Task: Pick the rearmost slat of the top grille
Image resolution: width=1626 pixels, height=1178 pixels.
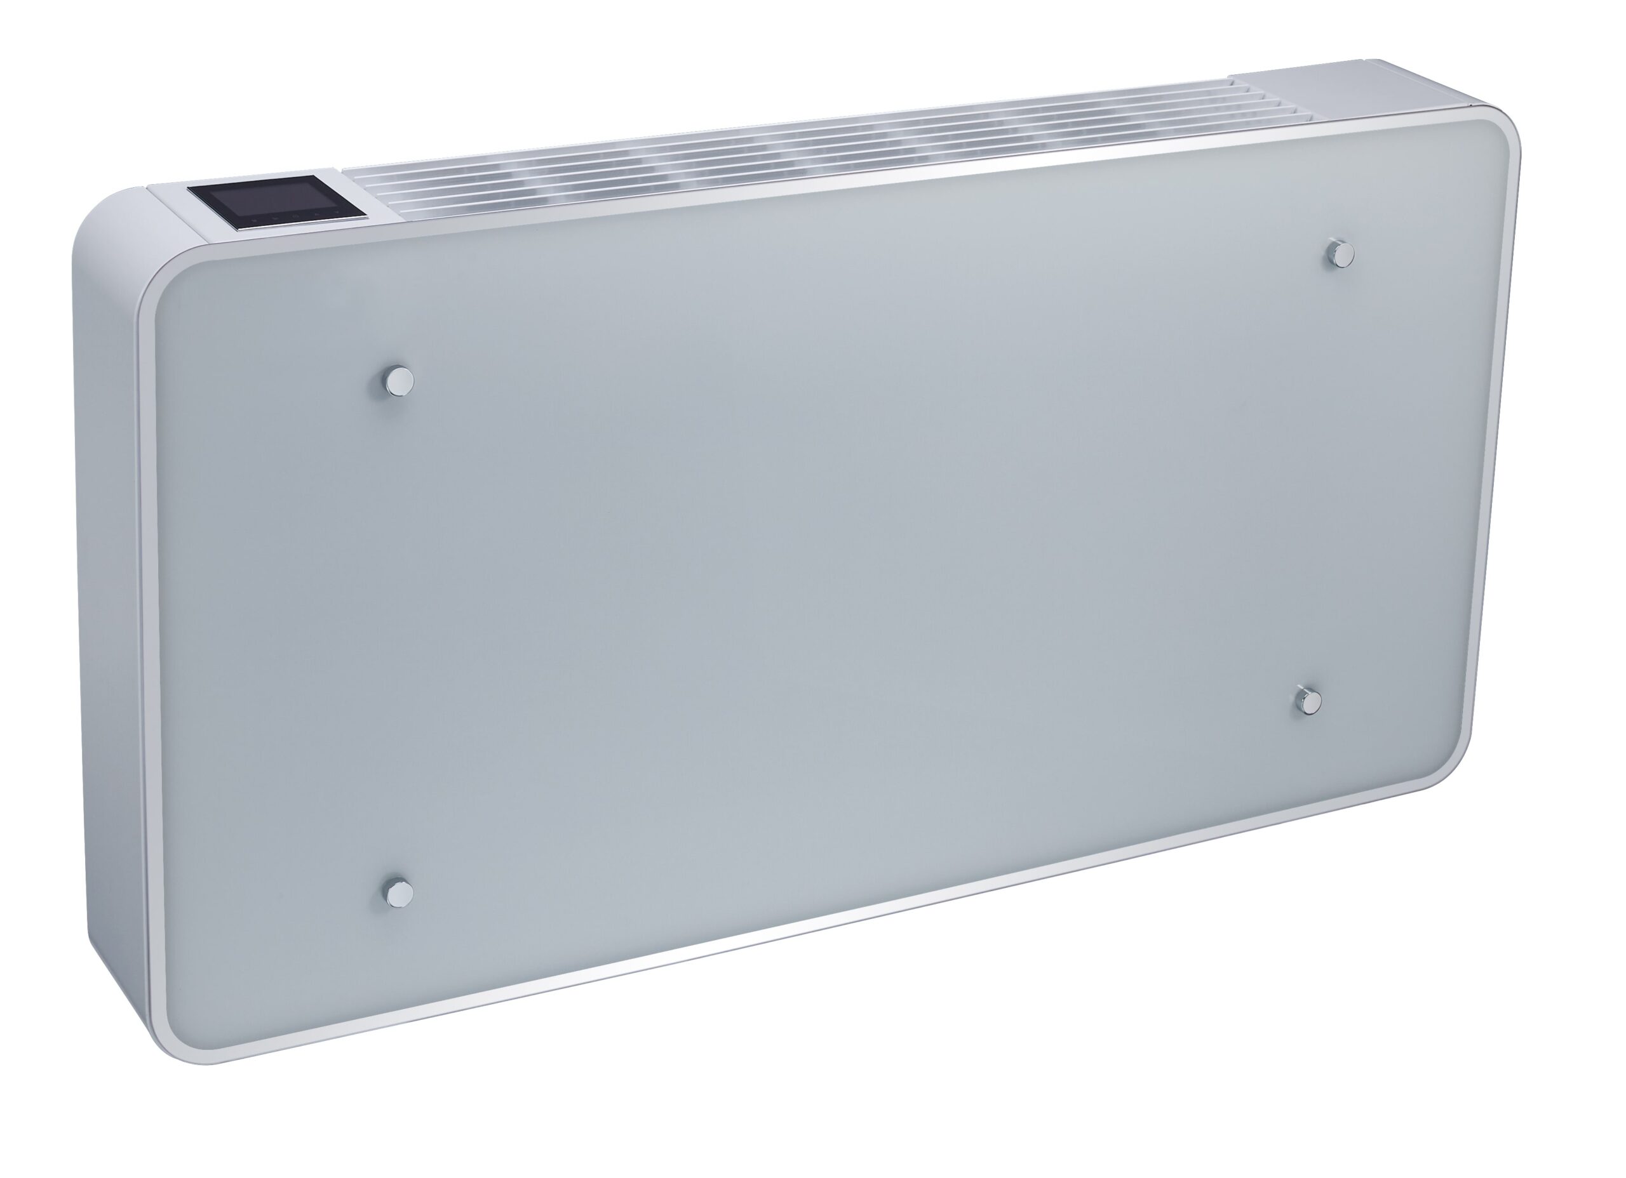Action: click(789, 133)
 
